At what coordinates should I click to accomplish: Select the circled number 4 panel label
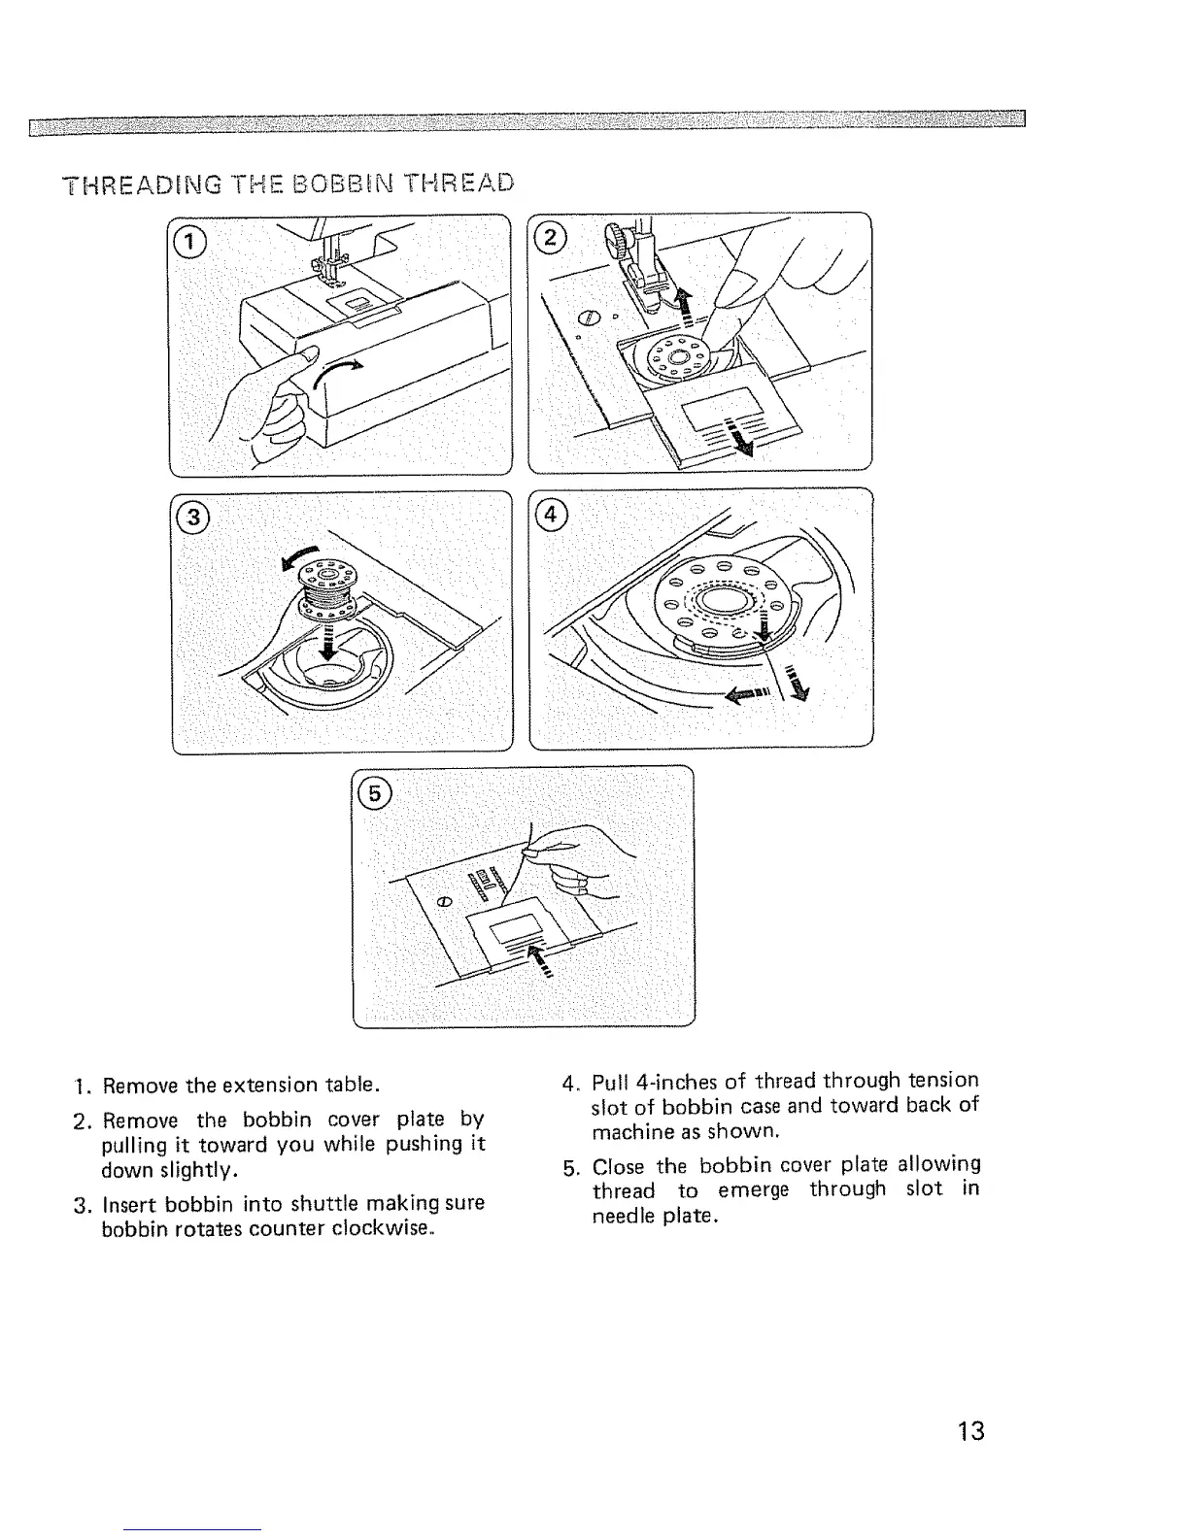551,515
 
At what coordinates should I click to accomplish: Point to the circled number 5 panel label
373,793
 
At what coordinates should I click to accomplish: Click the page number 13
969,1430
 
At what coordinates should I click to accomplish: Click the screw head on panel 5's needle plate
443,902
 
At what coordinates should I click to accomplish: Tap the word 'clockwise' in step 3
381,1228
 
